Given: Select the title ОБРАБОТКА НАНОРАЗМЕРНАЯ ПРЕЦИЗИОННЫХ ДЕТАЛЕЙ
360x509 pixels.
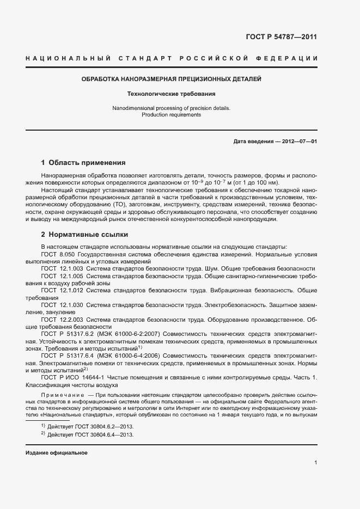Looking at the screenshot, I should [x=171, y=79].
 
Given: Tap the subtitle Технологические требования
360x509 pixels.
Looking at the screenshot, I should [x=171, y=94].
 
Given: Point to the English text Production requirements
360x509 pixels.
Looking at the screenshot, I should [x=171, y=115].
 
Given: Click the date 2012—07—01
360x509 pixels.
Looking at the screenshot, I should [x=298, y=142].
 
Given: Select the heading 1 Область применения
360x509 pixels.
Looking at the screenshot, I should [x=83, y=162].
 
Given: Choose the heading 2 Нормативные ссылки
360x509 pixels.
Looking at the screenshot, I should [x=84, y=235].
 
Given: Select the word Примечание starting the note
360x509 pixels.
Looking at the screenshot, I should [x=62, y=394].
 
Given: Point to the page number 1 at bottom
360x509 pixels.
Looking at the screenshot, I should [x=315, y=463].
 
